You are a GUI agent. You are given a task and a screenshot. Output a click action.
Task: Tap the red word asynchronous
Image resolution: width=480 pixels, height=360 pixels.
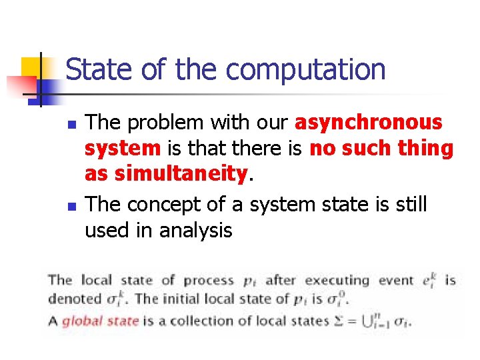point(368,123)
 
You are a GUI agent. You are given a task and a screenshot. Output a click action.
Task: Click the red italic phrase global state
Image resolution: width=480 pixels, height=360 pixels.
point(101,321)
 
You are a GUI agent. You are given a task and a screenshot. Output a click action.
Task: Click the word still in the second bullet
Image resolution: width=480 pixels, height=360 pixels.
point(412,205)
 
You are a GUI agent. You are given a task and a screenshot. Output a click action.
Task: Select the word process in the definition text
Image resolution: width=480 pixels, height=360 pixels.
point(208,280)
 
